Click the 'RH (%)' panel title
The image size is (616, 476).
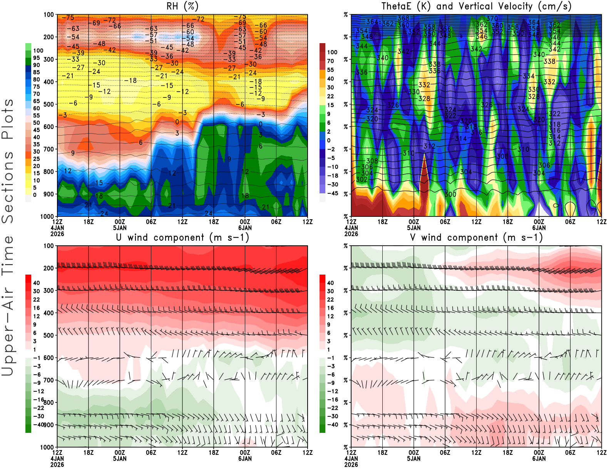(182, 6)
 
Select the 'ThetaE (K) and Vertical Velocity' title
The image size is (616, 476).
(476, 6)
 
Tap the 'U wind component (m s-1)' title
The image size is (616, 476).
(182, 237)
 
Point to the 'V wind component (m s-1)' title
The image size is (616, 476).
(476, 237)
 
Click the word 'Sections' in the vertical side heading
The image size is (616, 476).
(8, 187)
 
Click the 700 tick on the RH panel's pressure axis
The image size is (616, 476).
(49, 149)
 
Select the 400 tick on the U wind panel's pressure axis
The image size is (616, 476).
(49, 313)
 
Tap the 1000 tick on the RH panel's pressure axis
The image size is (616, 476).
(47, 216)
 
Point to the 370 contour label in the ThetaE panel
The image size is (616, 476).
(492, 18)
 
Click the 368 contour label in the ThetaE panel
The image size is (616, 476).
(403, 18)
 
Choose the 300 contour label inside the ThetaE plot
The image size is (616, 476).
(450, 194)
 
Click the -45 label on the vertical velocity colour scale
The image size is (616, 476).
(333, 193)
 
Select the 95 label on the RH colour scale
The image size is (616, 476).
(36, 58)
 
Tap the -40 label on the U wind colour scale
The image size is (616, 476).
(38, 424)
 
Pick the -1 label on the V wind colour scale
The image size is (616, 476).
(331, 358)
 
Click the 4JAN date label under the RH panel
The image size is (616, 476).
(57, 228)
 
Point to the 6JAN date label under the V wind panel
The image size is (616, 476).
(539, 458)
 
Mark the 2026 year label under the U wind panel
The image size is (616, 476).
(57, 464)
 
